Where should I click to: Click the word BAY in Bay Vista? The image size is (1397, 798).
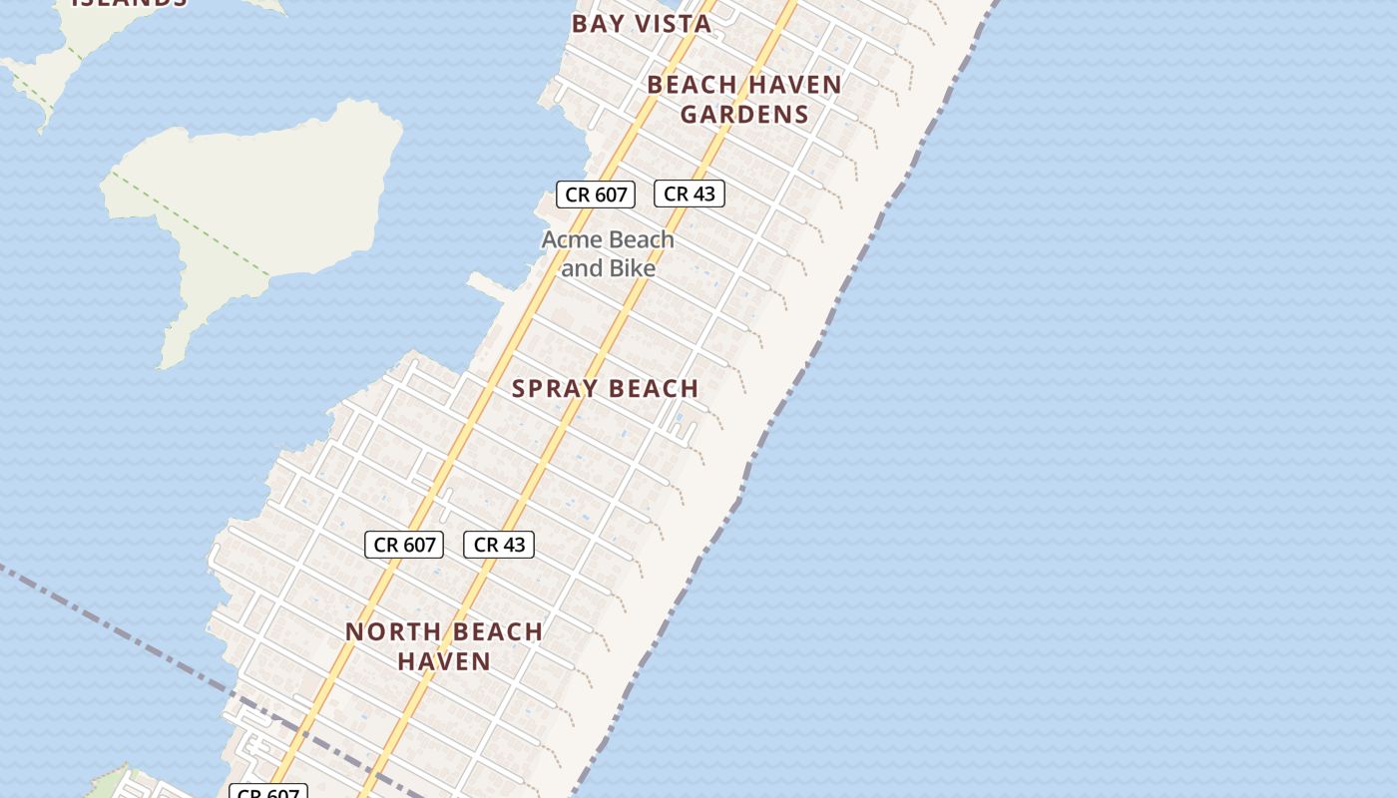(x=596, y=24)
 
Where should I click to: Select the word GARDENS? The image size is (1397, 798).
(x=744, y=114)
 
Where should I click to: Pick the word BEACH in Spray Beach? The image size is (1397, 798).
(x=649, y=389)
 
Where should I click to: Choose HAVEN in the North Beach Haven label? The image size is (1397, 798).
(x=444, y=660)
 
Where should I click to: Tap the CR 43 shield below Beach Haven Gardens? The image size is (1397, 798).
(x=689, y=194)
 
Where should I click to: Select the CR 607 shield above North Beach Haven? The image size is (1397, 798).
(x=403, y=545)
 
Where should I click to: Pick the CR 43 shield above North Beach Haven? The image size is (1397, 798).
(x=499, y=545)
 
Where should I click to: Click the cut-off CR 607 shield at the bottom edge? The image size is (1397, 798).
(x=268, y=793)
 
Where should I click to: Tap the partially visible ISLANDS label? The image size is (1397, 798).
(x=130, y=3)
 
